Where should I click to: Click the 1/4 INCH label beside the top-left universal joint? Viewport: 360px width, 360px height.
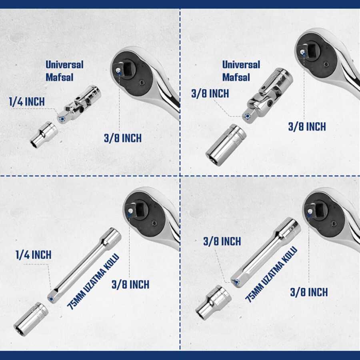pyautogui.click(x=27, y=102)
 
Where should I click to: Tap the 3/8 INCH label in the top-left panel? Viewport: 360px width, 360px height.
pyautogui.click(x=123, y=138)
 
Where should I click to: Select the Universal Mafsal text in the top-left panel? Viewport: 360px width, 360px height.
pyautogui.click(x=64, y=71)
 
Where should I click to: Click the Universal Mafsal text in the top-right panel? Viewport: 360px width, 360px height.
pyautogui.click(x=241, y=71)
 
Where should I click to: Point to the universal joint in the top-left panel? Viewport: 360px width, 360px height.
pyautogui.click(x=79, y=104)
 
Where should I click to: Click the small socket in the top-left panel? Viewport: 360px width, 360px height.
pyautogui.click(x=44, y=134)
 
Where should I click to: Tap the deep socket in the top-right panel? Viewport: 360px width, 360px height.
pyautogui.click(x=226, y=145)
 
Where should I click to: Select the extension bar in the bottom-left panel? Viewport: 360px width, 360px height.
pyautogui.click(x=84, y=266)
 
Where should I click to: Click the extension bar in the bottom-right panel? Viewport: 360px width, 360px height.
pyautogui.click(x=266, y=252)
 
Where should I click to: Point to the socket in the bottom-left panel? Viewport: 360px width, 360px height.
pyautogui.click(x=31, y=319)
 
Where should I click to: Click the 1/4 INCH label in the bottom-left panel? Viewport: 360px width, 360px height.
pyautogui.click(x=34, y=255)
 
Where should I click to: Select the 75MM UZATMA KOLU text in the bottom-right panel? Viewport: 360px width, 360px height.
pyautogui.click(x=271, y=274)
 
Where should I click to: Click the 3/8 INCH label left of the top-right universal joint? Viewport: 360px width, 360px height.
pyautogui.click(x=210, y=94)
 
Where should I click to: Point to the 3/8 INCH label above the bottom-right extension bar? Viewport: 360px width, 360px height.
pyautogui.click(x=222, y=241)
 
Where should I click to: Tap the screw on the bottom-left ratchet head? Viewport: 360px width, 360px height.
pyautogui.click(x=154, y=223)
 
